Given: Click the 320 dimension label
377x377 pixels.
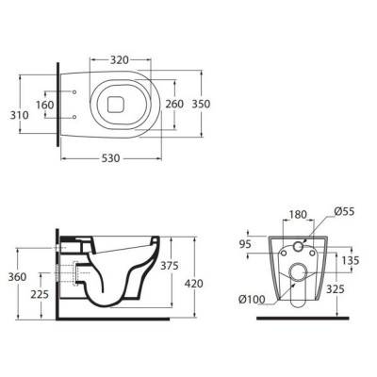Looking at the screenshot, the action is [x=120, y=59].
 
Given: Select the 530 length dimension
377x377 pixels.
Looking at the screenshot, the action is [x=111, y=158].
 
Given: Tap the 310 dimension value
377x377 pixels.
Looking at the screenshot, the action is [x=19, y=115].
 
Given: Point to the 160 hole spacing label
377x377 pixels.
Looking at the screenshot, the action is [x=45, y=105].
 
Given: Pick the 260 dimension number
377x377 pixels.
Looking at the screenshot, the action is [x=174, y=104].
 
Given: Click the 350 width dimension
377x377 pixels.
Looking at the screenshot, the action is [x=201, y=104].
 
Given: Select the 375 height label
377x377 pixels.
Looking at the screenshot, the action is [x=170, y=266].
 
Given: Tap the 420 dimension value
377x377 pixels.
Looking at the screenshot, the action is [x=193, y=284].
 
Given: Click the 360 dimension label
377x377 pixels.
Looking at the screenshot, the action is [x=17, y=277].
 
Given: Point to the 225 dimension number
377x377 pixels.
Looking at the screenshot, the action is [x=40, y=294].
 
